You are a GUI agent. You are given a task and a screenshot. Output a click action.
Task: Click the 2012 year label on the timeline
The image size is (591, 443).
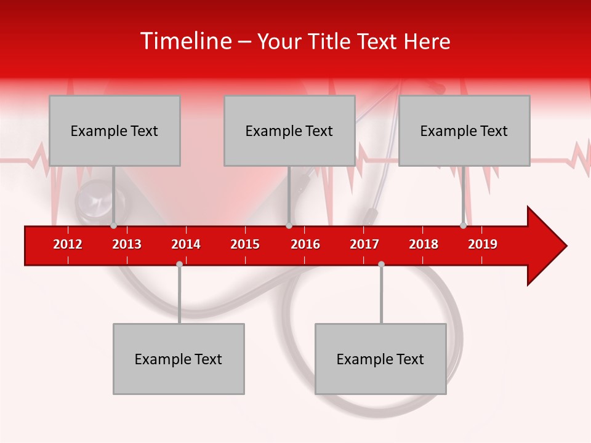coord(68,244)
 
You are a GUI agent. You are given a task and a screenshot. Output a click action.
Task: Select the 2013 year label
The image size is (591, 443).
coord(127,244)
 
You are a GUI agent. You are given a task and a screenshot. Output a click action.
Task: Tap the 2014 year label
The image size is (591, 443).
coord(186,244)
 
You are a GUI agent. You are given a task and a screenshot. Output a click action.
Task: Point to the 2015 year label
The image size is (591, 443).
coord(245,244)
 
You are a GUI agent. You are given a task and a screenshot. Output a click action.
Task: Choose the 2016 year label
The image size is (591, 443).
coord(305,244)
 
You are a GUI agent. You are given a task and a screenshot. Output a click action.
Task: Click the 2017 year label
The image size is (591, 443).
coord(364,244)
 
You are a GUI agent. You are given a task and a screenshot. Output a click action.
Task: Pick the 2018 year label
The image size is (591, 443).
coord(424,244)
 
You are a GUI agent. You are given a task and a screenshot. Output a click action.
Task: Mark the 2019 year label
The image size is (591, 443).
coord(483,244)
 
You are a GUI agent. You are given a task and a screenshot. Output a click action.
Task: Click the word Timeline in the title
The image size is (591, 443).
coord(185,41)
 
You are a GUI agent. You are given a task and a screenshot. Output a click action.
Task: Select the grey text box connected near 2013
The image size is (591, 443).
coord(115,130)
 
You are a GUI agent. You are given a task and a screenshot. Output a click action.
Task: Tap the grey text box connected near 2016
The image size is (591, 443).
coord(289,130)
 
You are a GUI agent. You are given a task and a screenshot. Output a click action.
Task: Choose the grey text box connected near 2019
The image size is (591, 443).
coord(464,130)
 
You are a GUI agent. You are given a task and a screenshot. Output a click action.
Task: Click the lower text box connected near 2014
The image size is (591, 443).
coord(179,359)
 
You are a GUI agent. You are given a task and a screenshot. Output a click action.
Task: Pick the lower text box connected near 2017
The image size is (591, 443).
coord(380,359)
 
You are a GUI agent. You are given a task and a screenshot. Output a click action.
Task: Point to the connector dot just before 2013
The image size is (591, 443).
coord(113,226)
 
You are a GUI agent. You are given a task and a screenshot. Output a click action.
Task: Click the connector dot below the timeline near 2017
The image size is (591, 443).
coord(381,264)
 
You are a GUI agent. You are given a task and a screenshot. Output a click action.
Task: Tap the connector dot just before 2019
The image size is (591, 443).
coord(463,226)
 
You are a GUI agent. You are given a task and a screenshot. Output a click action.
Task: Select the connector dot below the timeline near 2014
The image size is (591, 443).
coord(179,264)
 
